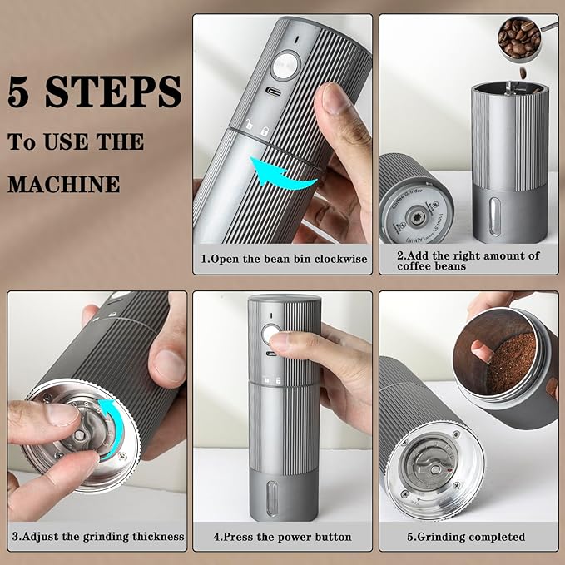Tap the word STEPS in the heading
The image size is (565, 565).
[x=114, y=92]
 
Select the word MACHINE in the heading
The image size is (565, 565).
[x=64, y=182]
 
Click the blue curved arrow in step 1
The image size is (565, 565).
[x=286, y=171]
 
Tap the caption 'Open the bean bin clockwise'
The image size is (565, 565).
[x=283, y=259]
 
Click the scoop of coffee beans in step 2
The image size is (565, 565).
[x=519, y=37]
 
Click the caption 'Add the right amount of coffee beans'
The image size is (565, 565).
[x=468, y=260]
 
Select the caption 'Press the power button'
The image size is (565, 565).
[x=282, y=537]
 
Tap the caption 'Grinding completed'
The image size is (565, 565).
[x=466, y=537]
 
